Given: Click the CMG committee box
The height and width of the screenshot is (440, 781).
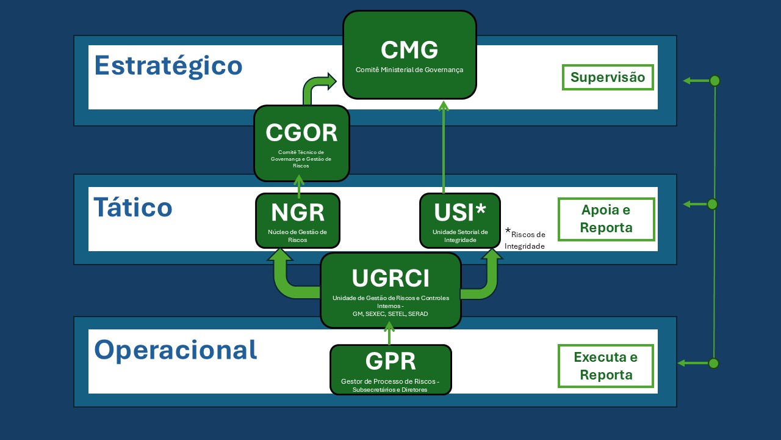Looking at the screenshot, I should [409, 55].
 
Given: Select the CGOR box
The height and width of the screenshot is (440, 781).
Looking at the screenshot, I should [301, 143].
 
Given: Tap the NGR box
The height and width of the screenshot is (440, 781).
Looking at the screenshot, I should [297, 220].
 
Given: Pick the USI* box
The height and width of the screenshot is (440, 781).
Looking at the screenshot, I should [460, 220].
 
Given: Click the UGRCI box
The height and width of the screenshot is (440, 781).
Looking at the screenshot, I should [390, 290].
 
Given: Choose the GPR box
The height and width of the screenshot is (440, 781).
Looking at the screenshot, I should [390, 369].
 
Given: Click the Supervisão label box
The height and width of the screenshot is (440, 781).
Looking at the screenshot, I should [607, 77].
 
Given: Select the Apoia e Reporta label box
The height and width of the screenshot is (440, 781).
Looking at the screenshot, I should [606, 219].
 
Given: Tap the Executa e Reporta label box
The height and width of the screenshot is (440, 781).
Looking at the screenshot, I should [606, 365].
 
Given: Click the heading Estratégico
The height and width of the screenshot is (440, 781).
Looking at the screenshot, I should [168, 65].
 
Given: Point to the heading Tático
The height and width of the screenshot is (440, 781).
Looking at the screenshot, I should [133, 207].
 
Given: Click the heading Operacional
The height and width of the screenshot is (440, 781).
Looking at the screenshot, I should [176, 350].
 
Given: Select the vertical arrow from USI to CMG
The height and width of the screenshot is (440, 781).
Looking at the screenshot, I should [444, 147].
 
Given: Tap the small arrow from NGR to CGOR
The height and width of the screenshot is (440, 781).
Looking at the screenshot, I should [298, 186].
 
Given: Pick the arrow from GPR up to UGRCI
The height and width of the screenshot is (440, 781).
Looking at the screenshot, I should [389, 334].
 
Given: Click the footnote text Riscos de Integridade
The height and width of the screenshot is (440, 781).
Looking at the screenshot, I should [525, 240].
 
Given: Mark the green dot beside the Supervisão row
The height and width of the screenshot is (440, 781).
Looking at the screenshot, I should [714, 81].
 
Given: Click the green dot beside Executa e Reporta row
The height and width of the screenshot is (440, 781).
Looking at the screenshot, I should [713, 363].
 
